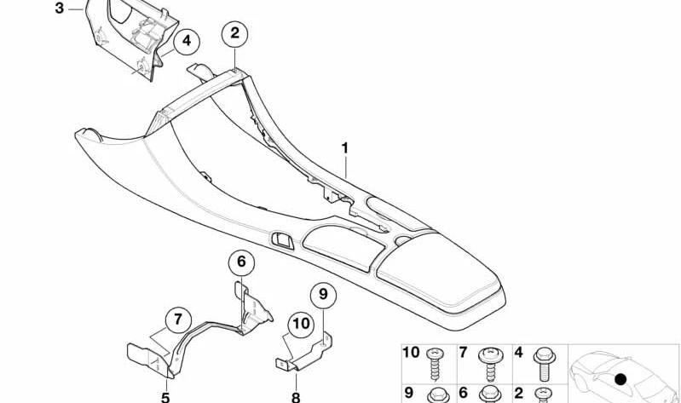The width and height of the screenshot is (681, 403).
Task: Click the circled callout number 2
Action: (234, 33)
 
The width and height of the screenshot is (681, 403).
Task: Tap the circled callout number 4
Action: (187, 41)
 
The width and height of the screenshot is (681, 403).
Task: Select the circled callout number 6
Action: (241, 262)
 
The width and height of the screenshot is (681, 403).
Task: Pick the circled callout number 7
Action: (178, 320)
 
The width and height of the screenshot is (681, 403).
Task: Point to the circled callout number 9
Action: (323, 295)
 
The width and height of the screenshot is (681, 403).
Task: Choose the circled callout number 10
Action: (301, 324)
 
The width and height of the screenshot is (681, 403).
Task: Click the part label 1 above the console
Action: (345, 148)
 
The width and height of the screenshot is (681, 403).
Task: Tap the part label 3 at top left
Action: (60, 9)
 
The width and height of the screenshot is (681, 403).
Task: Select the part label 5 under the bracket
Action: (165, 397)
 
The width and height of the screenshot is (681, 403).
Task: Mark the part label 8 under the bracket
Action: (296, 397)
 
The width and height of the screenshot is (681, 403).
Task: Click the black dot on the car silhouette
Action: (621, 379)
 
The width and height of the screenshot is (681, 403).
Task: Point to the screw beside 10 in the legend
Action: (435, 364)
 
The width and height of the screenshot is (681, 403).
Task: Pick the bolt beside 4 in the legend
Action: (544, 364)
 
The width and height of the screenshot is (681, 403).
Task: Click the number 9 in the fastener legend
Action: (409, 393)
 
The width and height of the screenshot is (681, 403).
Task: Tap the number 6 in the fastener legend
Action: (464, 393)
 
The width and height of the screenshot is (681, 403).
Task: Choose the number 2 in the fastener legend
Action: (519, 393)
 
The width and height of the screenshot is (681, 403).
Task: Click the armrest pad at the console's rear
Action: (438, 273)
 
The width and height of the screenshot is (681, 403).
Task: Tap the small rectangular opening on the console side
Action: (283, 241)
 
